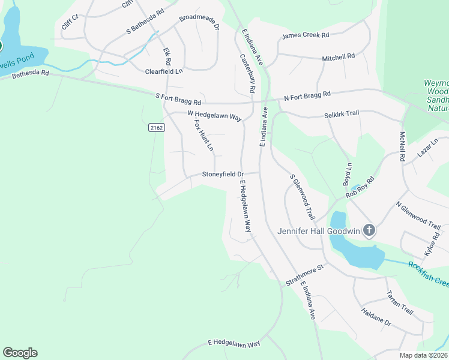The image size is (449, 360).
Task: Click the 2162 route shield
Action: tap(156, 127)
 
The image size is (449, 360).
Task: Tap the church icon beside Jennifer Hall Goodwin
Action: tap(369, 230)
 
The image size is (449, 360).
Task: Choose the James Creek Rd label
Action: tap(306, 37)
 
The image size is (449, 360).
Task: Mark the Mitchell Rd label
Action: tap(339, 57)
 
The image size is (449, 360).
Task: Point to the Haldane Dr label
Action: tap(376, 317)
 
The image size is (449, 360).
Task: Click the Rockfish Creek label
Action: tap(429, 272)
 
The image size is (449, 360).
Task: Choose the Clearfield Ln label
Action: tap(164, 71)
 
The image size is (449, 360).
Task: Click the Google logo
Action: tap(20, 353)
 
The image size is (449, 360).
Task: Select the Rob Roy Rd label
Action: tap(360, 188)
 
